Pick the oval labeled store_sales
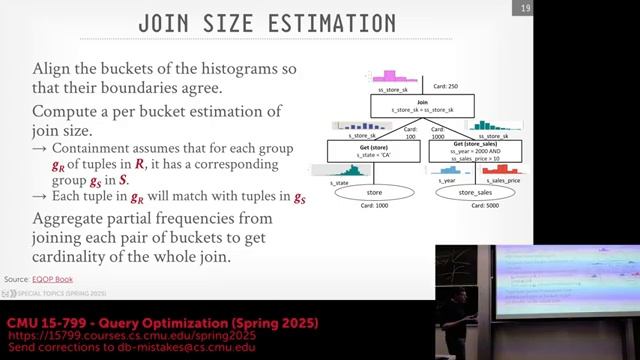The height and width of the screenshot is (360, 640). point(476,191)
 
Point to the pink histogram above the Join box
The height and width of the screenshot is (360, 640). point(389,77)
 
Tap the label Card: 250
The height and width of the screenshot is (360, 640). point(442,87)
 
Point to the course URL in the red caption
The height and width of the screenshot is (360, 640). point(123,337)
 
